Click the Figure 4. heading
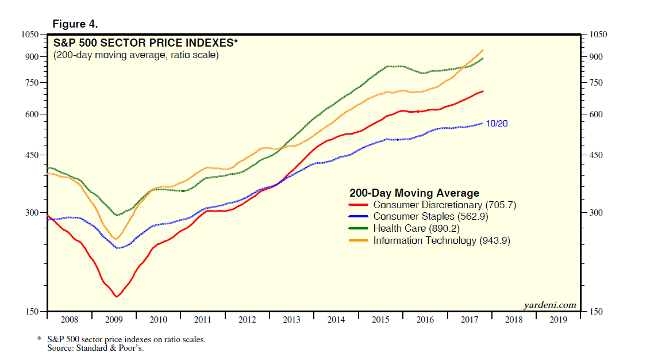(75, 24)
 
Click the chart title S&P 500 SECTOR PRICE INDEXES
(145, 43)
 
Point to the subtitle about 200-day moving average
(136, 55)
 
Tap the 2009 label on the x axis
(114, 320)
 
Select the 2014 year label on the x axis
(336, 320)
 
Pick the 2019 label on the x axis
(558, 320)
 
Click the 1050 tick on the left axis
(30, 35)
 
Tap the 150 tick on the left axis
(32, 312)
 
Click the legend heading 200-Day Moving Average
(414, 193)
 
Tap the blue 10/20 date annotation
(497, 124)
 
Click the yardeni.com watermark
(549, 304)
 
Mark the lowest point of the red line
(117, 297)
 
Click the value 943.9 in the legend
(494, 241)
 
